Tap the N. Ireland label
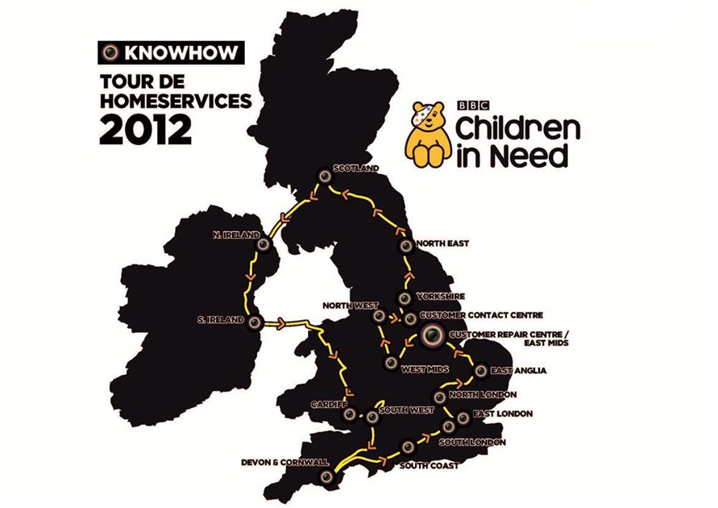(x=231, y=235)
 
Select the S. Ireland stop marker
(x=255, y=322)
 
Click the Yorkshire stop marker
(x=404, y=298)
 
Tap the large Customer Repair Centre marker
(x=432, y=335)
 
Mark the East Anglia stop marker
(x=481, y=372)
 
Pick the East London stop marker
(x=462, y=418)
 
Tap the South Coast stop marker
(x=409, y=446)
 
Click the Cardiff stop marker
(x=350, y=415)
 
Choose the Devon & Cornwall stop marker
(x=326, y=477)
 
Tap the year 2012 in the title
(x=146, y=129)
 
